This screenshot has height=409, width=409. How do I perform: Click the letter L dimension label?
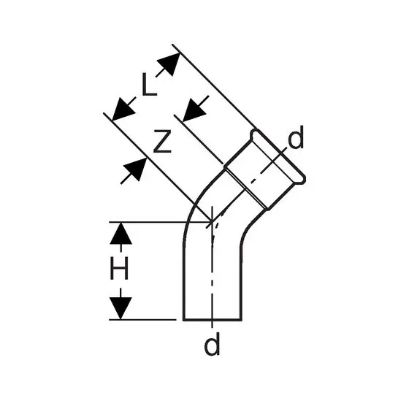(150, 85)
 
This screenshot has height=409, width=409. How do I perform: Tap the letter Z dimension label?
(162, 141)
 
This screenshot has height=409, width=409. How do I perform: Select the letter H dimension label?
(120, 268)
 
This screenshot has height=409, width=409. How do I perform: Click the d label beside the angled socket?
(296, 137)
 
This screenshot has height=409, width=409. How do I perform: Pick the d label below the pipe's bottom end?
(212, 343)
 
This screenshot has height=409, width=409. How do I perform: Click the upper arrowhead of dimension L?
(169, 64)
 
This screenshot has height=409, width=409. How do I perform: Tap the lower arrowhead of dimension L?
(123, 110)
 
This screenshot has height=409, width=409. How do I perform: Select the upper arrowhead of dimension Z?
(194, 110)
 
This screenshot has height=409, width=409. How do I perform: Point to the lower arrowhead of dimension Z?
(135, 169)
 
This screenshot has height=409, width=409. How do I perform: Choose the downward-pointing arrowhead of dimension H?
(121, 308)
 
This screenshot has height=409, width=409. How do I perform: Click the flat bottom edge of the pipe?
(213, 320)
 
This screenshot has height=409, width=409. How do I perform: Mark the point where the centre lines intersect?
(212, 222)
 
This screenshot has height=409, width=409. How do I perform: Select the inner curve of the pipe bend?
(250, 225)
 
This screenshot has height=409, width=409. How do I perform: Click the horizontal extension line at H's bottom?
(142, 320)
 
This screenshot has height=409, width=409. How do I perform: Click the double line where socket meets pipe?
(247, 189)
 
